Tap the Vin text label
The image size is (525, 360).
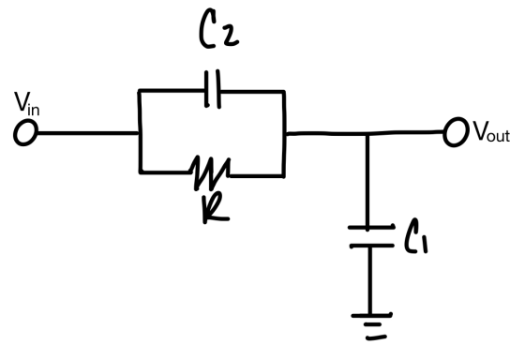[27, 104]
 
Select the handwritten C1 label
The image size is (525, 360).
[416, 237]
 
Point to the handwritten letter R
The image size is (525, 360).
[216, 209]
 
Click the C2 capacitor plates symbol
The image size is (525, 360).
[213, 89]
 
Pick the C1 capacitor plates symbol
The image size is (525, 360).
[371, 236]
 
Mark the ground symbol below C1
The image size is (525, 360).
[371, 326]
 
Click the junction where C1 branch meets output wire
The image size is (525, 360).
[367, 134]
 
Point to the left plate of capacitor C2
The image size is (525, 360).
[207, 89]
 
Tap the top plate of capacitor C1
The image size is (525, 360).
[371, 228]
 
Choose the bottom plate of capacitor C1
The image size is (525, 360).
[371, 246]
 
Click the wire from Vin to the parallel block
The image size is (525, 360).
[88, 133]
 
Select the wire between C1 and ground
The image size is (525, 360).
[370, 280]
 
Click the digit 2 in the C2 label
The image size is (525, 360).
[230, 36]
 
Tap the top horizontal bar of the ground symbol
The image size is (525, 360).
[371, 315]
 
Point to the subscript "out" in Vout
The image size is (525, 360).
[499, 136]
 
